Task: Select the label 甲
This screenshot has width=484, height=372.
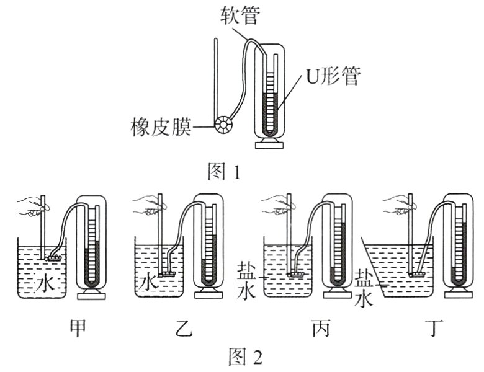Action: [x=78, y=327]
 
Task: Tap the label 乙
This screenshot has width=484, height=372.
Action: [x=168, y=327]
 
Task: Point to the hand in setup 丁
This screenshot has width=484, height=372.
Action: [x=396, y=208]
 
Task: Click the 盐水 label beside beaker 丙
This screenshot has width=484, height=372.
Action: [x=244, y=280]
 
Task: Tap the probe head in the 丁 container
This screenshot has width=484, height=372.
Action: [x=416, y=273]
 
